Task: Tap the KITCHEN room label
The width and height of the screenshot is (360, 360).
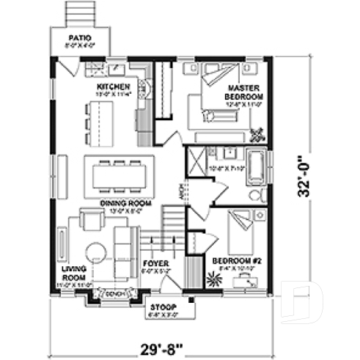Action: (113, 87)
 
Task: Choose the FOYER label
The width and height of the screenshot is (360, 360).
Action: (155, 262)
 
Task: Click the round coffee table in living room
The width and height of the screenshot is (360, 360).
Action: (96, 253)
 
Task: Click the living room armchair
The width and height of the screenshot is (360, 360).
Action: (92, 219)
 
